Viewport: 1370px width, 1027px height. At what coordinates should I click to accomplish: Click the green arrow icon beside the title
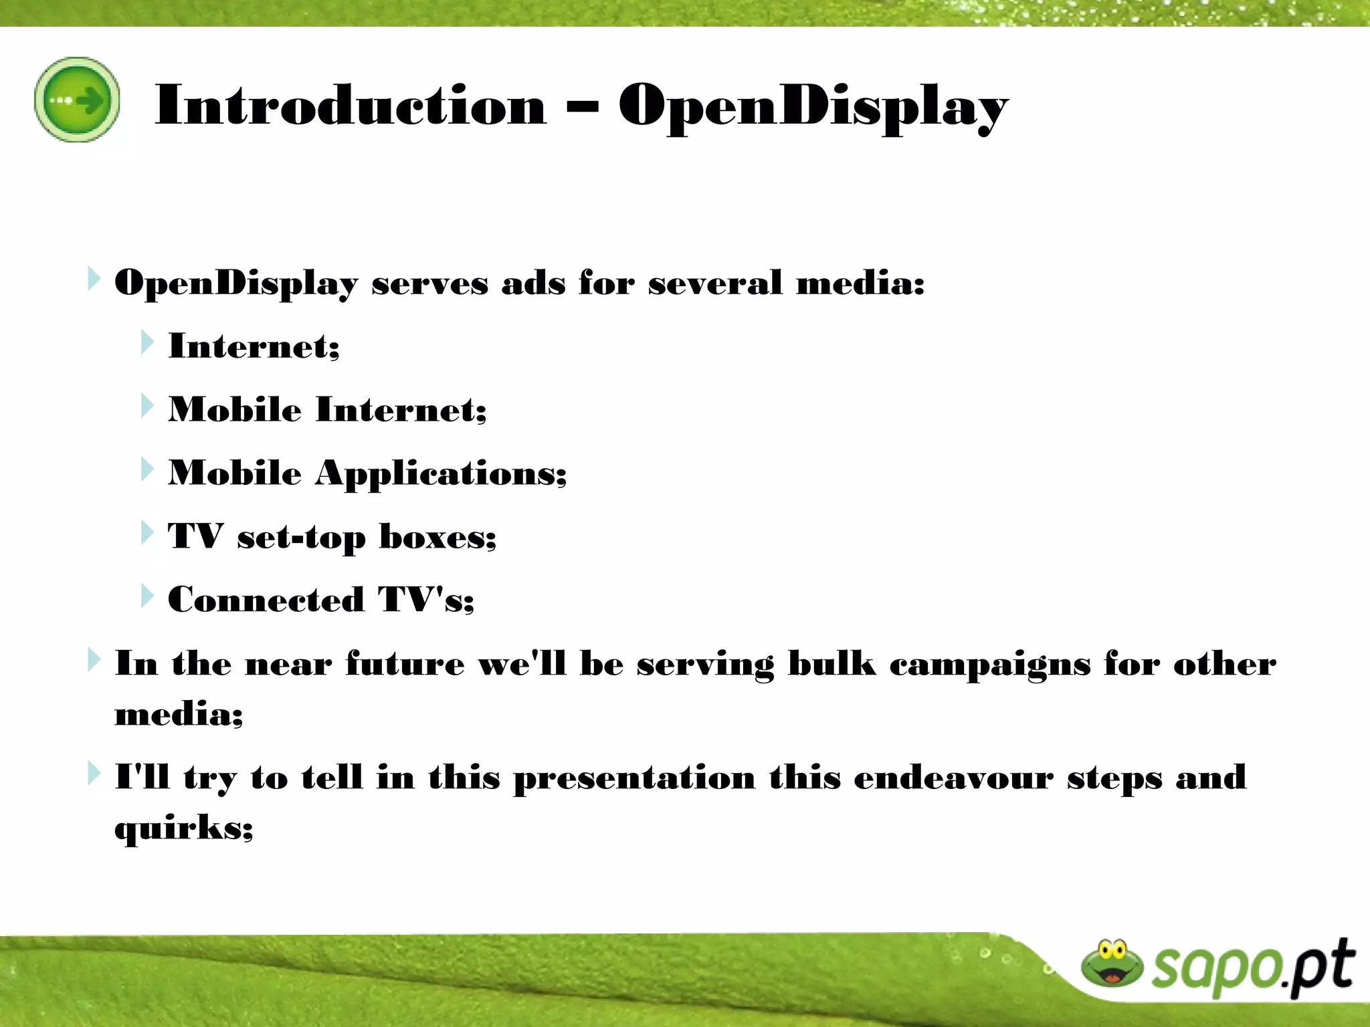(77, 100)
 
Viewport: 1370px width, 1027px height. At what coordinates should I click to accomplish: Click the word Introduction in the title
(351, 105)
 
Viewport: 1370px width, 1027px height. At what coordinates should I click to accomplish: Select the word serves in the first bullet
(429, 283)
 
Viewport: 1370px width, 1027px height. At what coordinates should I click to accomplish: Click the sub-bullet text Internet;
(254, 346)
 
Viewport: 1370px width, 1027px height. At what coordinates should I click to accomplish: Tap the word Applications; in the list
(441, 475)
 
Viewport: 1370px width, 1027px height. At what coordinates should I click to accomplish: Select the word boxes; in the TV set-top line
(437, 536)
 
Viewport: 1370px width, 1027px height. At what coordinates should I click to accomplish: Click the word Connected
(266, 599)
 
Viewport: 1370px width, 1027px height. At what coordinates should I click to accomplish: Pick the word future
(405, 663)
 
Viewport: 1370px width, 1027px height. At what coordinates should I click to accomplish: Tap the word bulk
(831, 663)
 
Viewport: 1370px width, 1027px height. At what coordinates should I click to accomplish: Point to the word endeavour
(953, 778)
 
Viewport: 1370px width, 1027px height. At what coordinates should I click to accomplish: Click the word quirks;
(183, 829)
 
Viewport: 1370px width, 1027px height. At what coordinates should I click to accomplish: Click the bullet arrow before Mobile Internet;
(147, 406)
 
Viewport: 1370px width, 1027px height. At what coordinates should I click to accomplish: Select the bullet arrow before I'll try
(94, 774)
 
